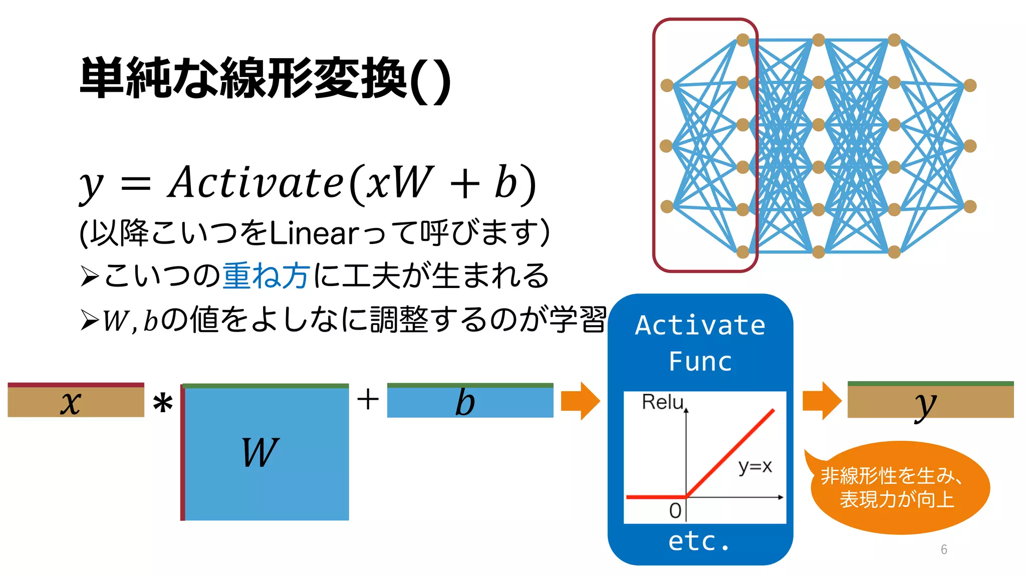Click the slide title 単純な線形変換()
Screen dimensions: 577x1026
[x=266, y=79]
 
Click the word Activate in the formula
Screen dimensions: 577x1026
[x=255, y=183]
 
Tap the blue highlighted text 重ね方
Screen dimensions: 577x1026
[x=266, y=275]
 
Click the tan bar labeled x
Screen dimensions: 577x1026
[x=76, y=401]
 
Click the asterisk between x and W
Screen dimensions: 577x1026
[x=163, y=404]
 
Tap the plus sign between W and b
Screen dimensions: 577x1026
[x=368, y=400]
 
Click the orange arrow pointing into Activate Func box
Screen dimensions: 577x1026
[x=580, y=401]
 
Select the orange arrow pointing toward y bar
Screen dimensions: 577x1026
[x=821, y=401]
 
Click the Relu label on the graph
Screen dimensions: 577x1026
[x=662, y=402]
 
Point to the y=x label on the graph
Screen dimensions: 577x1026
[x=755, y=466]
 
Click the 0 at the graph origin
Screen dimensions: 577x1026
[x=675, y=511]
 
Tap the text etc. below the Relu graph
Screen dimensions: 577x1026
[x=699, y=541]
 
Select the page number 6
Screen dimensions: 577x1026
[x=944, y=549]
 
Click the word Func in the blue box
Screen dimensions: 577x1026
[x=700, y=362]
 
